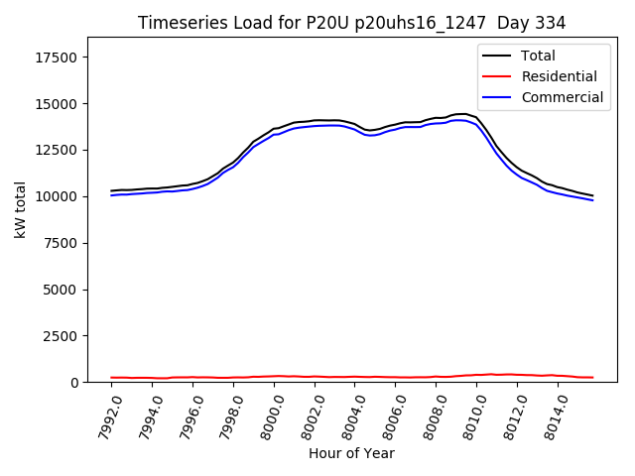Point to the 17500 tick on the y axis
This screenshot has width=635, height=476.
coord(58,58)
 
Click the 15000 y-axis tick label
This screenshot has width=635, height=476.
coord(58,104)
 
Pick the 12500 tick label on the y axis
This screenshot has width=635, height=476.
coord(58,150)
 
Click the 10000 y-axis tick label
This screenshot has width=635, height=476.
coord(58,196)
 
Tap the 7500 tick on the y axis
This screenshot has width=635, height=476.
coord(62,243)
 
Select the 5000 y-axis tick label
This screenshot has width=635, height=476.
coord(62,290)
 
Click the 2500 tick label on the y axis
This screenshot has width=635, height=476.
coord(62,335)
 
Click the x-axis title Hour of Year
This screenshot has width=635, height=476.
coord(351,453)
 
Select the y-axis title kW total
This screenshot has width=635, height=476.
coord(20,209)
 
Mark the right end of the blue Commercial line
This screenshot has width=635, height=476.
coord(592,200)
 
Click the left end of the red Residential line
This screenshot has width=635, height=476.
coord(111,378)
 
